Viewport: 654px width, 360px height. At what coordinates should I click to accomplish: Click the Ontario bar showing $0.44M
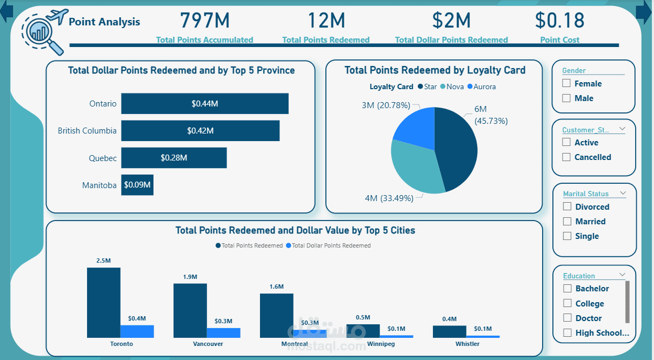[x=204, y=104]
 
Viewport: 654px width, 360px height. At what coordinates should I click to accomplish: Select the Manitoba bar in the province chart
[x=137, y=185]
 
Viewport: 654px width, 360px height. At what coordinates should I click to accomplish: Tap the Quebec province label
[x=103, y=158]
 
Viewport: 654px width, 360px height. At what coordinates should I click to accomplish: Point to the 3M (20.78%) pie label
[x=385, y=105]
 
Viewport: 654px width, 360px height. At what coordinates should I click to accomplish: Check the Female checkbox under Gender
[x=566, y=83]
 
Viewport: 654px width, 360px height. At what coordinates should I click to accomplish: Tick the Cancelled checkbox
[x=566, y=157]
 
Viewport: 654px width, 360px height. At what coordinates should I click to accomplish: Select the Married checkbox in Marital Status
[x=567, y=222]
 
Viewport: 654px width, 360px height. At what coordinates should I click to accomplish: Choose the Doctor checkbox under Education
[x=567, y=318]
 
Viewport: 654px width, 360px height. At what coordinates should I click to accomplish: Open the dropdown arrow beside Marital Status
[x=623, y=194]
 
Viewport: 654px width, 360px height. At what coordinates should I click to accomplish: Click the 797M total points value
[x=205, y=21]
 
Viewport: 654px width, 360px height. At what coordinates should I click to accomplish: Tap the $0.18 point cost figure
[x=559, y=21]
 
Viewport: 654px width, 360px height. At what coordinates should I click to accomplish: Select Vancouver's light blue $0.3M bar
[x=223, y=332]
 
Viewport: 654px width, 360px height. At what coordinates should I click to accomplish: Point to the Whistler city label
[x=467, y=344]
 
